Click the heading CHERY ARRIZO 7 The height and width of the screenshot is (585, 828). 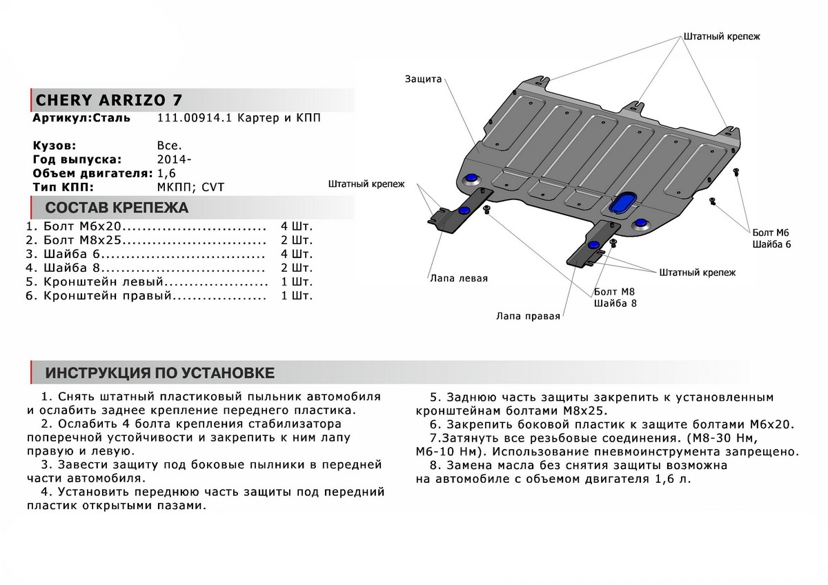pyautogui.click(x=109, y=98)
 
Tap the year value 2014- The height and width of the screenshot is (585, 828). pyautogui.click(x=175, y=159)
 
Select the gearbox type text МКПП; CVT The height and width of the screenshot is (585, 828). pyautogui.click(x=190, y=187)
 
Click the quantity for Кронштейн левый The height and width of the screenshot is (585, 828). pyautogui.click(x=297, y=281)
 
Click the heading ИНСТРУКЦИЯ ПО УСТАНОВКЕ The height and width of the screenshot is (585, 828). pyautogui.click(x=159, y=373)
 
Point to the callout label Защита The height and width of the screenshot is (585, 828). pyautogui.click(x=423, y=79)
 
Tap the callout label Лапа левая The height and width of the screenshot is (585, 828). pyautogui.click(x=458, y=279)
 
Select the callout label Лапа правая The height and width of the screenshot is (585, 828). pyautogui.click(x=527, y=317)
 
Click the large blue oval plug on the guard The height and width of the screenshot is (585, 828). pyautogui.click(x=622, y=201)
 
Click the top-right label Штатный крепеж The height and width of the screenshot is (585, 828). pyautogui.click(x=721, y=37)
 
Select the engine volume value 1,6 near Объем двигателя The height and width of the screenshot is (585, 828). pyautogui.click(x=166, y=173)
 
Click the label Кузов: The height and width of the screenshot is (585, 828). pyautogui.click(x=55, y=146)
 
